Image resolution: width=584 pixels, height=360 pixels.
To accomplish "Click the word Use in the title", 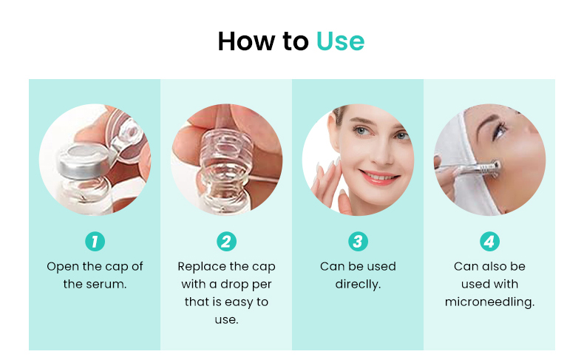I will [340, 41].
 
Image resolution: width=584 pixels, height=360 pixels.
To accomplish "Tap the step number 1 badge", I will [95, 241].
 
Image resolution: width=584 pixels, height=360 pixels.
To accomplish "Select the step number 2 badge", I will [226, 241].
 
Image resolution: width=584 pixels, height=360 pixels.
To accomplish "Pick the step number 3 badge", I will [358, 241].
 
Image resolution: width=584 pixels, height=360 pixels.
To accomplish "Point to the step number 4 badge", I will [489, 241].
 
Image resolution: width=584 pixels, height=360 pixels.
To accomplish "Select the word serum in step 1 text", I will [107, 284].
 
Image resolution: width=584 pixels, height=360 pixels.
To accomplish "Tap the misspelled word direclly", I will [358, 284].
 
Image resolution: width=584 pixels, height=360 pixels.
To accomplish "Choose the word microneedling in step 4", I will [489, 302].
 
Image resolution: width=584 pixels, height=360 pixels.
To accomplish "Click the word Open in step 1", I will [61, 266].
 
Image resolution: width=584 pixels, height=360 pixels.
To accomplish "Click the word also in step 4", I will [498, 266].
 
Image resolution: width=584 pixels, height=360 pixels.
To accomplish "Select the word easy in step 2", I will [240, 302].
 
